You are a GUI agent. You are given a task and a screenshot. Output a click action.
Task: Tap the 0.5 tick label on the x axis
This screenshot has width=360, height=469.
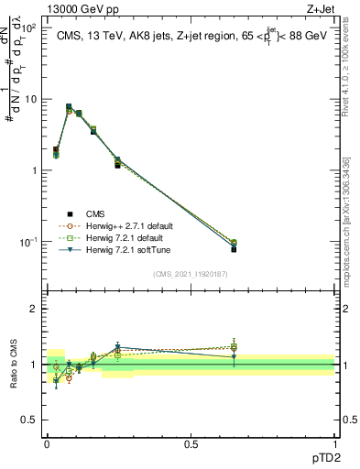pyautogui.click(x=191, y=443)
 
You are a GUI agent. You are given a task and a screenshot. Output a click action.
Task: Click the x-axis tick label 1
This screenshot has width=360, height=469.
pyautogui.click(x=334, y=443)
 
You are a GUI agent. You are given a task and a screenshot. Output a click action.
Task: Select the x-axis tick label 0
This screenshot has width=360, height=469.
pyautogui.click(x=47, y=443)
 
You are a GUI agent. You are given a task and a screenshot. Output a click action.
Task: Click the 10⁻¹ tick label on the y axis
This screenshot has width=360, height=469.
pyautogui.click(x=29, y=242)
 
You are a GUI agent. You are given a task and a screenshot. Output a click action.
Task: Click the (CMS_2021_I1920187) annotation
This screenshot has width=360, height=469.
pyautogui.click(x=191, y=272)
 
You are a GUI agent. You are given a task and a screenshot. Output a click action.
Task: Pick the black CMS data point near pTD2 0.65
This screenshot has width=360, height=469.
pyautogui.click(x=234, y=249)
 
